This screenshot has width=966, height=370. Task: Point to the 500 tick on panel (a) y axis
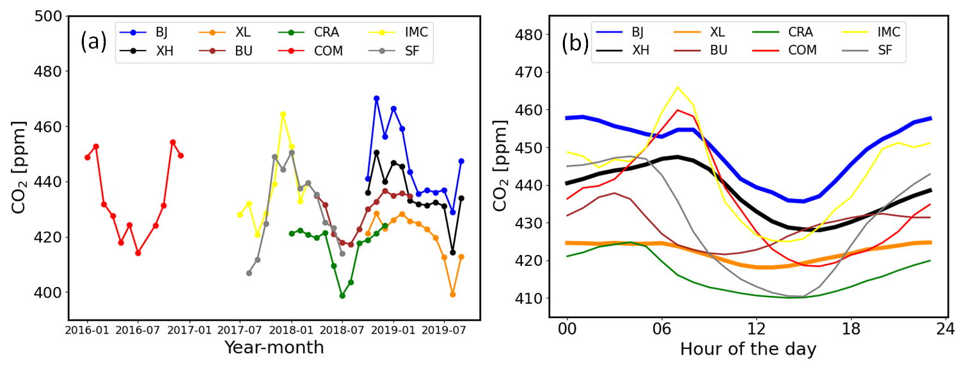49,17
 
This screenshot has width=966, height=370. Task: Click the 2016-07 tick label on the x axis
138,332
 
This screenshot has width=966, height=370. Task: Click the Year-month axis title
274,348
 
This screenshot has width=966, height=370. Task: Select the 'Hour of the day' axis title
748,349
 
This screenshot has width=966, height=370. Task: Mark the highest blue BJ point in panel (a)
376,98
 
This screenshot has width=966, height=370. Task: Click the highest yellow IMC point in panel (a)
283,114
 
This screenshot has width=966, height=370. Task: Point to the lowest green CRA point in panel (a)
342,296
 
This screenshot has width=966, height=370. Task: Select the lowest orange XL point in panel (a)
452,295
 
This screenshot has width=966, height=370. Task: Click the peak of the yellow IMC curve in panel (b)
677,87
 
